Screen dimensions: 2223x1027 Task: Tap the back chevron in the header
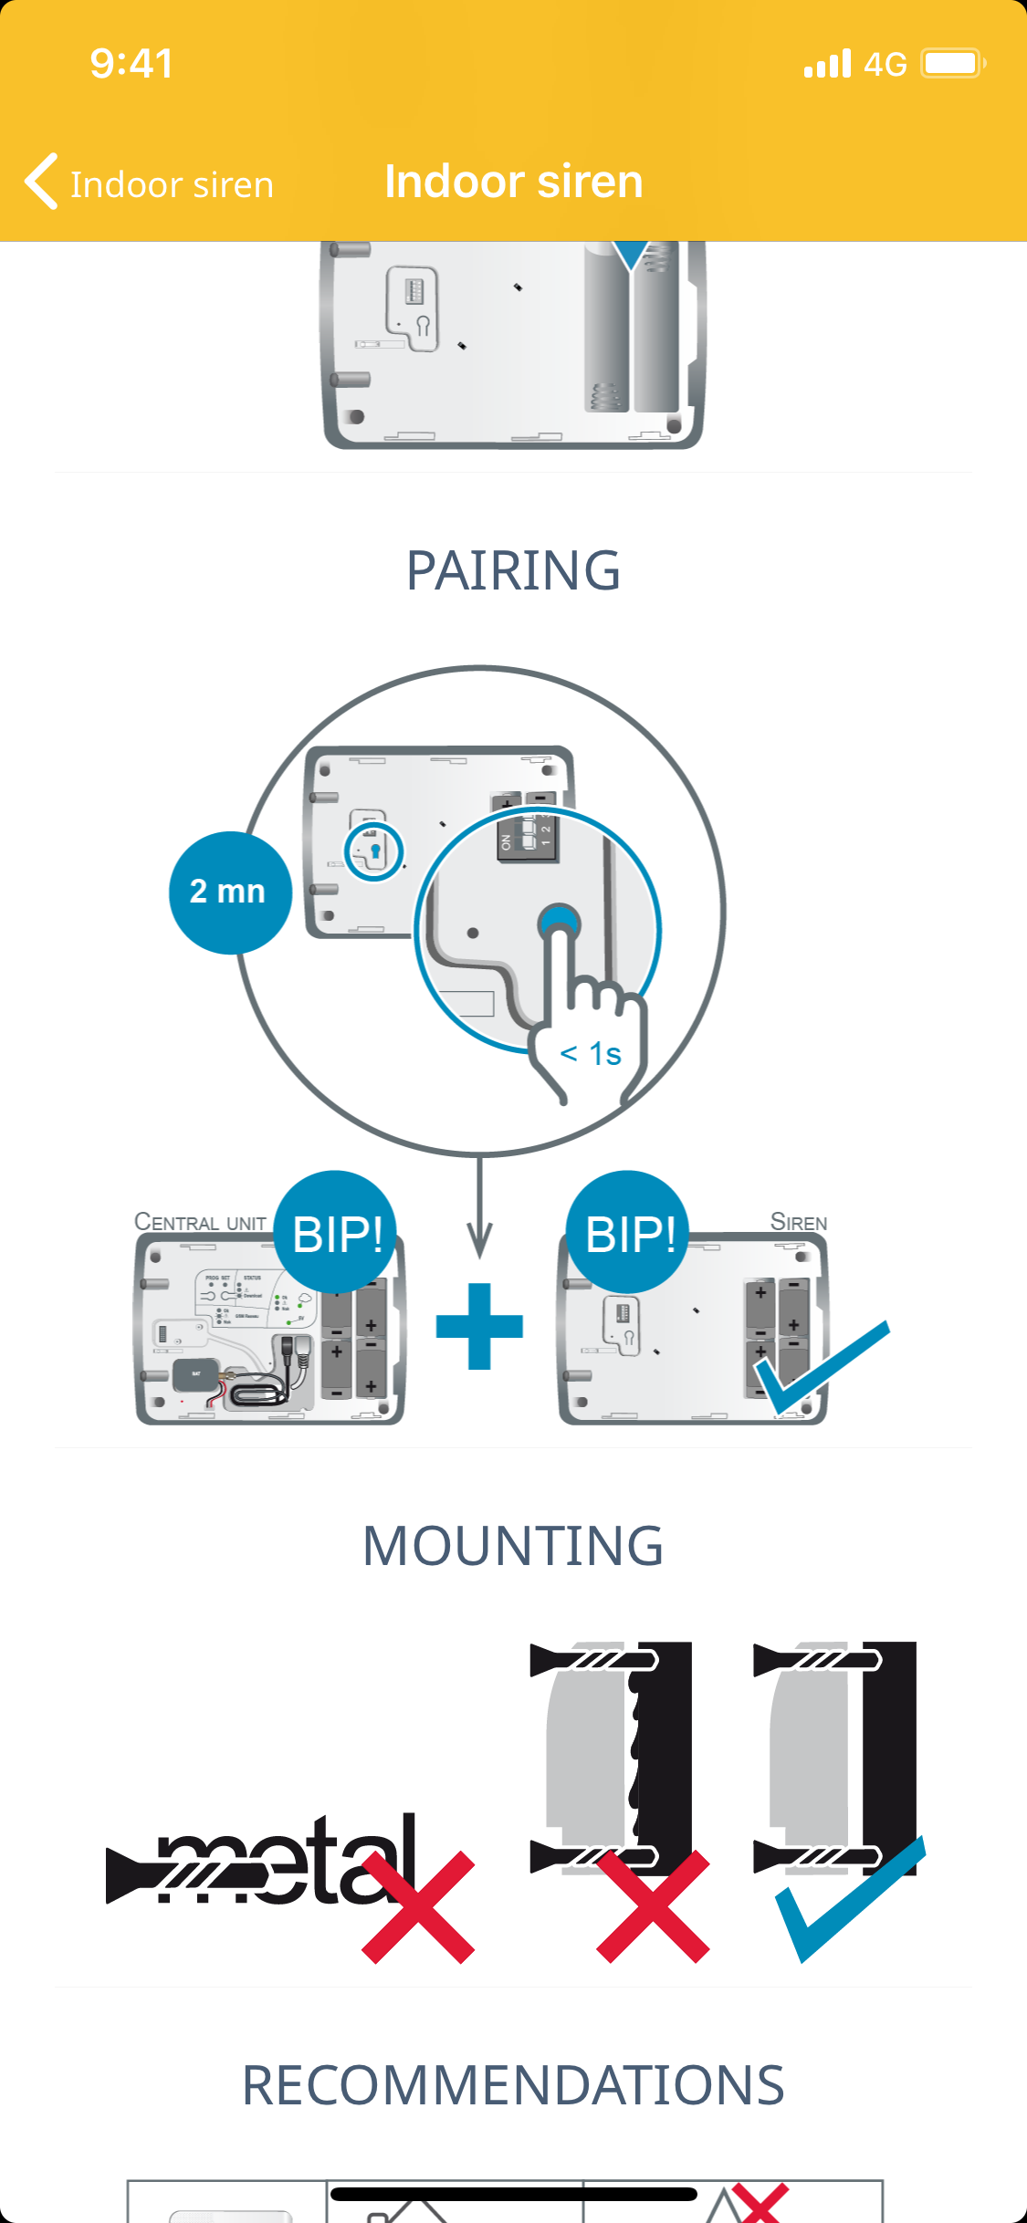click(42, 182)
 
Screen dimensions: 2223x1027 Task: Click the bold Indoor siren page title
click(513, 181)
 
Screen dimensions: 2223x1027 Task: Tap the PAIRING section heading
click(513, 570)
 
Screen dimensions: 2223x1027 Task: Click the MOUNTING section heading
click(513, 1546)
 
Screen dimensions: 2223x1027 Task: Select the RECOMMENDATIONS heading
click(513, 2085)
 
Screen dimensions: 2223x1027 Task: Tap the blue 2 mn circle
click(229, 892)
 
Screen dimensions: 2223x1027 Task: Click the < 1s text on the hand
click(591, 1054)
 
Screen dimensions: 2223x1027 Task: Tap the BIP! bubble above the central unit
click(337, 1233)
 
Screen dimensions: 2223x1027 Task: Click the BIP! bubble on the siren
click(629, 1233)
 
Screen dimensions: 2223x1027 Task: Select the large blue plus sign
click(479, 1326)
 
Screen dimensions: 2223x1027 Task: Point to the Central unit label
click(200, 1222)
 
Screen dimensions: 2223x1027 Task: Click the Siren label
click(799, 1222)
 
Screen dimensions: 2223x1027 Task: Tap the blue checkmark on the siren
click(819, 1367)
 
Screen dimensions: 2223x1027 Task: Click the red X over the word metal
click(418, 1907)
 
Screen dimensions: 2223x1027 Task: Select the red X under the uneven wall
click(653, 1907)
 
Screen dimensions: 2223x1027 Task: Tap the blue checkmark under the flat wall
click(849, 1898)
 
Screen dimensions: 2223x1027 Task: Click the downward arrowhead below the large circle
click(479, 1241)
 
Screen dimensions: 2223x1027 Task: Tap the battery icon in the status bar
click(952, 64)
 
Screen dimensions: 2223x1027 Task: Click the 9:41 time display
click(131, 64)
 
